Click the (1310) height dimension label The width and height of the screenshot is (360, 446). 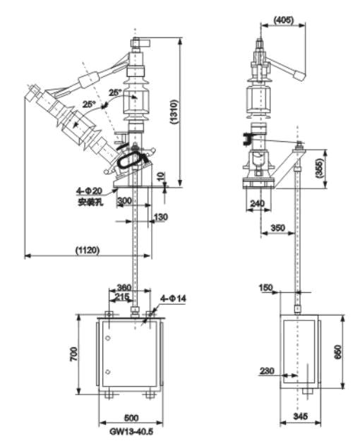point(174,111)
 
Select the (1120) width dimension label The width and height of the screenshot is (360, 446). point(88,250)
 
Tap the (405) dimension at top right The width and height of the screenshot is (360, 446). point(283,20)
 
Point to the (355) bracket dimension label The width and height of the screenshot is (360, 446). point(320,169)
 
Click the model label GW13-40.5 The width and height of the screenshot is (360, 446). point(131,431)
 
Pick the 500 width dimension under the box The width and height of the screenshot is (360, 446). point(131,418)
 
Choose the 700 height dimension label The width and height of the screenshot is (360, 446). point(73,354)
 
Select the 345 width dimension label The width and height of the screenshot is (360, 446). point(301,416)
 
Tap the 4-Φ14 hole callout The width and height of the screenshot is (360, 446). point(173,299)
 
